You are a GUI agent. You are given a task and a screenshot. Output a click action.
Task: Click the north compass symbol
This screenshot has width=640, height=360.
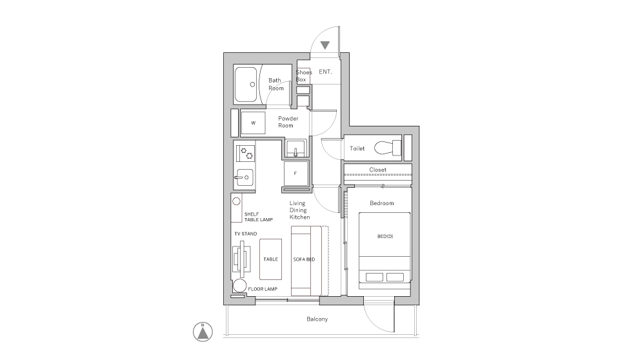[203, 332]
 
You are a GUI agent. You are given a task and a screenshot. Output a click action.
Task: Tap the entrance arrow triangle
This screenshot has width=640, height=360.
[325, 45]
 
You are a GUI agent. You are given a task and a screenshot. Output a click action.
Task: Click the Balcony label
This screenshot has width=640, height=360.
[317, 319]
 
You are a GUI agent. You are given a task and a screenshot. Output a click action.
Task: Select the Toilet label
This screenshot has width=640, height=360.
[357, 148]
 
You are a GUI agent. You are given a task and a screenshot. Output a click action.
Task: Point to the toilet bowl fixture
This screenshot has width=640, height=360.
[388, 148]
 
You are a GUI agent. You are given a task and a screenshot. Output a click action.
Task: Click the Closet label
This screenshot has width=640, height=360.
[377, 170]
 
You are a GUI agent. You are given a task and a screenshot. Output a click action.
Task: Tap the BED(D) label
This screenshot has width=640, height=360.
[385, 236]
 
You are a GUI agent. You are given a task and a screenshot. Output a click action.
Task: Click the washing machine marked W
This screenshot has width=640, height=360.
[253, 123]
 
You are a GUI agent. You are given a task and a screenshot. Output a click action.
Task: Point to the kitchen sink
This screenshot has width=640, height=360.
[244, 177]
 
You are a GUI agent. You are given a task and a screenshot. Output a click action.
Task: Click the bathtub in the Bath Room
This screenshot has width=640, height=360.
[246, 85]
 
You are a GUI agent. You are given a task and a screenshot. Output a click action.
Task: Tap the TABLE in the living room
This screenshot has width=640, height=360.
[270, 259]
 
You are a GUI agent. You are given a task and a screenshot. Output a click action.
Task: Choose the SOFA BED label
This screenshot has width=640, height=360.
[304, 259]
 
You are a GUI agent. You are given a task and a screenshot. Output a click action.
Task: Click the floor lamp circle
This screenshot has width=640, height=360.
[239, 286]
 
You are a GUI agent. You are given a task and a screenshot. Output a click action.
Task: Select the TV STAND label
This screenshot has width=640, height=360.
[246, 234]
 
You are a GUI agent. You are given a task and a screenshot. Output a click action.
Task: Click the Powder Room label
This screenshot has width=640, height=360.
[288, 122]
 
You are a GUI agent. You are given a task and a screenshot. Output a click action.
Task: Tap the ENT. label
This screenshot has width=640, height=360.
[325, 72]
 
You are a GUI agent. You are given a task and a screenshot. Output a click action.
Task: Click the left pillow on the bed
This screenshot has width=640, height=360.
[374, 277]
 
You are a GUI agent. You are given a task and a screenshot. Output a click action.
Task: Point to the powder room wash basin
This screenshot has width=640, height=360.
[296, 148]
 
